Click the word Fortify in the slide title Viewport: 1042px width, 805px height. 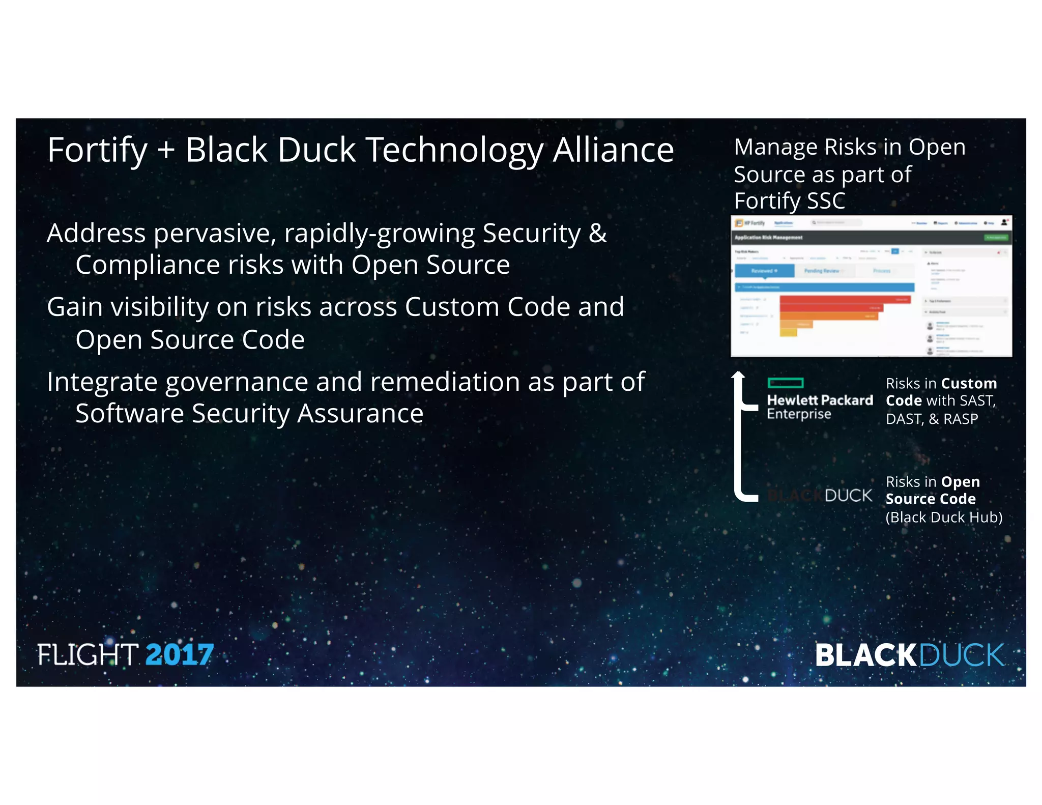[x=97, y=151]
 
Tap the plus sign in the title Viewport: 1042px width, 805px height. [x=166, y=151]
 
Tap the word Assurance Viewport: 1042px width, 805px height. [x=360, y=413]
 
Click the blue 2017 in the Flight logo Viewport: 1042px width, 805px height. [x=179, y=654]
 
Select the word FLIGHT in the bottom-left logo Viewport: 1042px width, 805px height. [x=88, y=654]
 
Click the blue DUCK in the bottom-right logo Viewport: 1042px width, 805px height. [x=962, y=655]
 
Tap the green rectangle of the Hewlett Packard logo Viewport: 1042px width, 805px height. [x=785, y=383]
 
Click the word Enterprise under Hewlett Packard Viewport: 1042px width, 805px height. [x=799, y=414]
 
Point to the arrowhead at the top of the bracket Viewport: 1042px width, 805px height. [x=738, y=376]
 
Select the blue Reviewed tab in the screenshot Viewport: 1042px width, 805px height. [x=764, y=271]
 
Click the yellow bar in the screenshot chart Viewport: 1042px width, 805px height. [x=788, y=333]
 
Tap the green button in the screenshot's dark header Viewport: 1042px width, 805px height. [x=996, y=238]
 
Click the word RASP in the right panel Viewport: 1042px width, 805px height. [x=961, y=419]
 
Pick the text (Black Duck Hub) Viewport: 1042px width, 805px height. [x=944, y=517]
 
